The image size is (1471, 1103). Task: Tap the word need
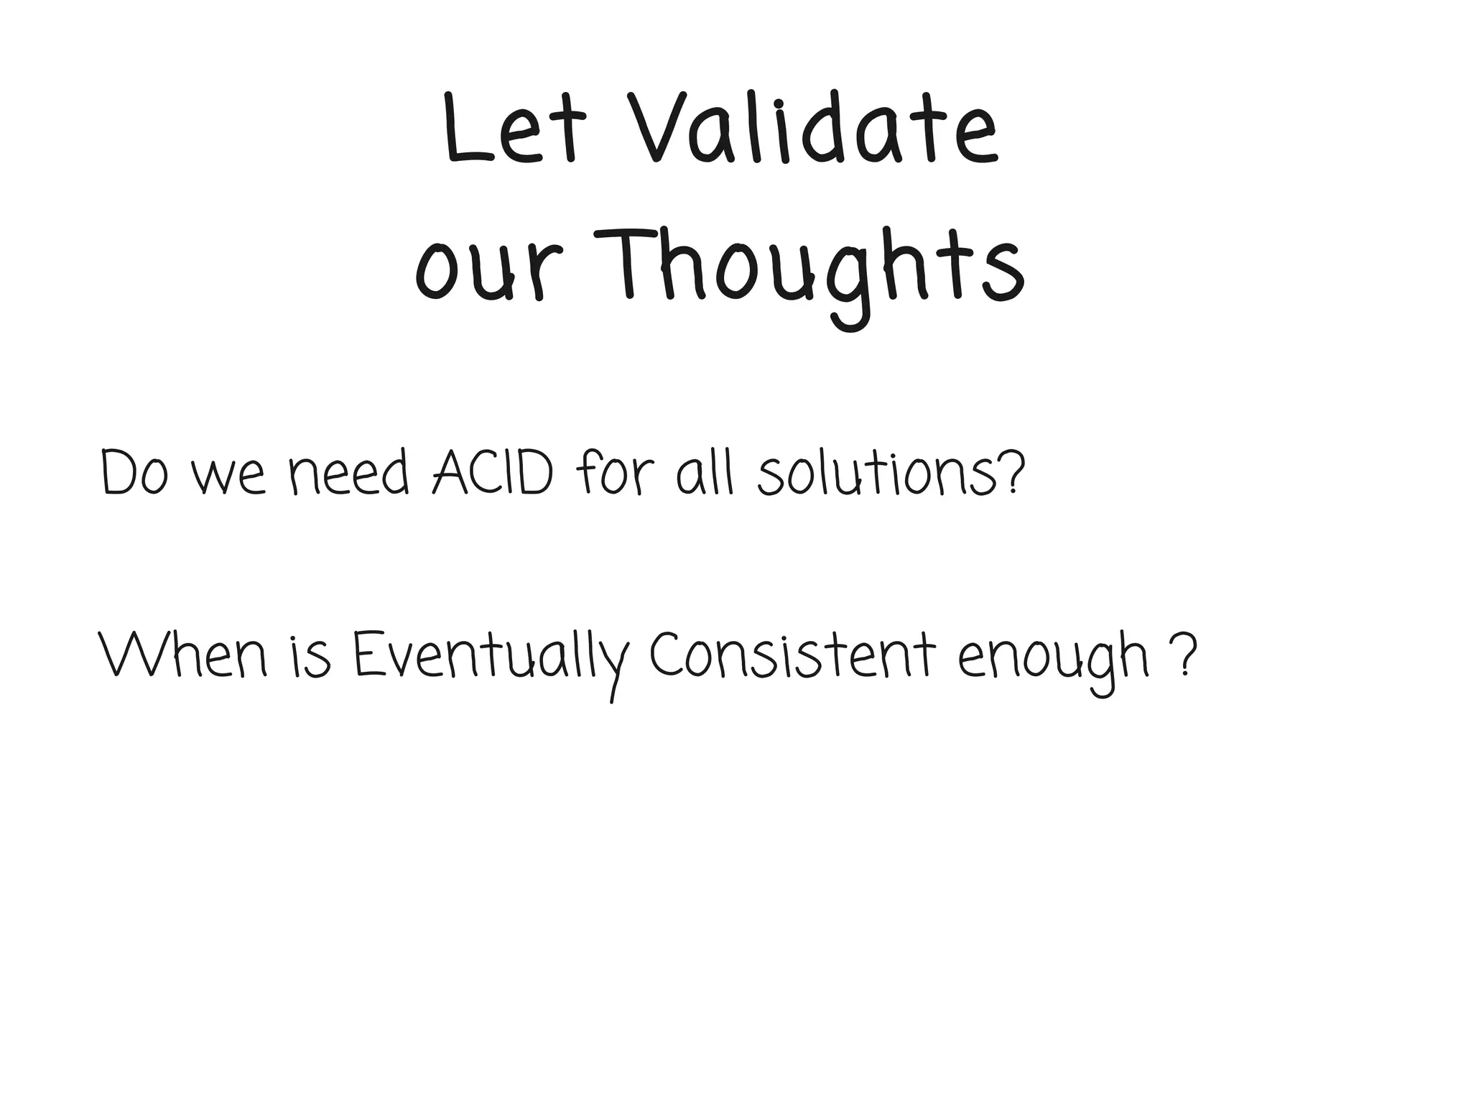pos(349,474)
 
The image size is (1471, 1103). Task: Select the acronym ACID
pos(493,474)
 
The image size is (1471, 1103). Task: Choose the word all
pos(705,474)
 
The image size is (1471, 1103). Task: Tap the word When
pos(183,656)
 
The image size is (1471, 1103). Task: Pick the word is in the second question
pos(312,657)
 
